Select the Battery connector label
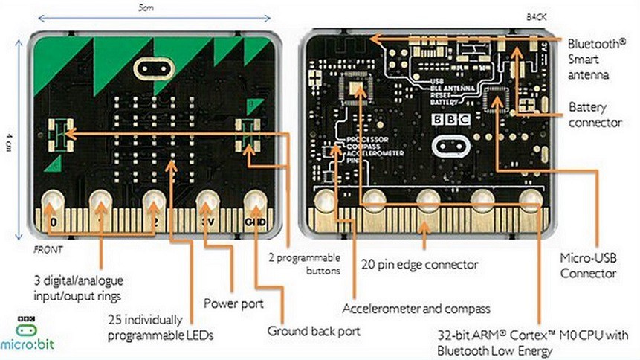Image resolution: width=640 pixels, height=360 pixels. [595, 115]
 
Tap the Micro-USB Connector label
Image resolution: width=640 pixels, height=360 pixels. [589, 266]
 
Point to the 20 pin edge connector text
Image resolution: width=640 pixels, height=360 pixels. [420, 263]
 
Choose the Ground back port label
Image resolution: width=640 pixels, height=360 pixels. [313, 331]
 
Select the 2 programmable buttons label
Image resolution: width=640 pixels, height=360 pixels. [306, 264]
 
